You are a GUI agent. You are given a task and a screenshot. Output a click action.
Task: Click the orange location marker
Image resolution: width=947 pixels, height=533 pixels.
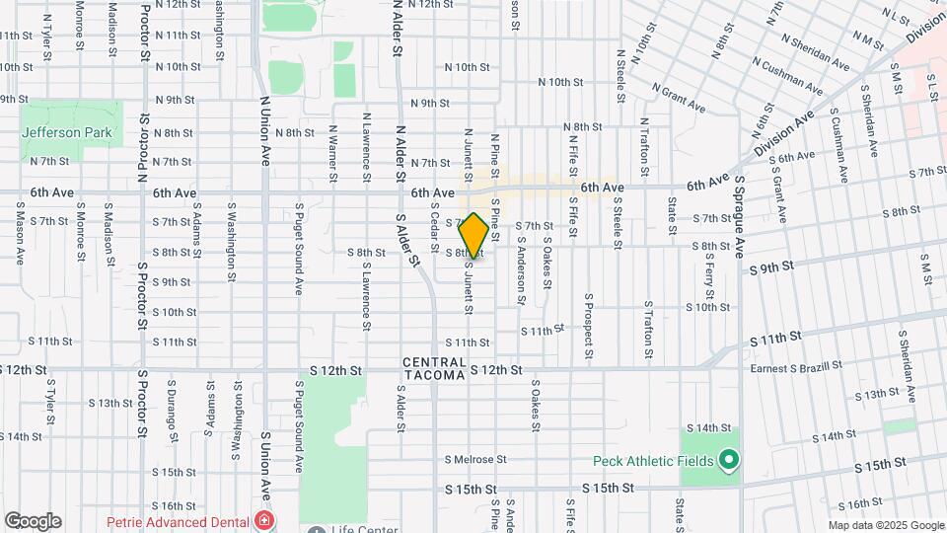click(x=473, y=235)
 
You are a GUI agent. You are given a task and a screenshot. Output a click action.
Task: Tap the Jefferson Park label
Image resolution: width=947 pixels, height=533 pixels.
click(x=68, y=131)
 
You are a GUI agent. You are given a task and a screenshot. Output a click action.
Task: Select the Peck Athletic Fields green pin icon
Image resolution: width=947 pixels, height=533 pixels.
click(x=729, y=460)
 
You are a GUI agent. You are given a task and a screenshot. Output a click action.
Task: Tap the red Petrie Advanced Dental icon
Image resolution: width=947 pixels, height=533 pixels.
click(x=263, y=519)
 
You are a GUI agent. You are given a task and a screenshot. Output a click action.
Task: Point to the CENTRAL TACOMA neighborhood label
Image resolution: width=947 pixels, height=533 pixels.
click(x=433, y=369)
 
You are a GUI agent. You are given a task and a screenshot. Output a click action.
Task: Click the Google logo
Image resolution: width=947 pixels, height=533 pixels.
click(x=33, y=520)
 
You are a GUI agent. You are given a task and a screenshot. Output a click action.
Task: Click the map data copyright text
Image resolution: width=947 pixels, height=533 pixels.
click(x=885, y=526)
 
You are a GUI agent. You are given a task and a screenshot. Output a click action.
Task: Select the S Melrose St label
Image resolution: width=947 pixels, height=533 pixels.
click(x=474, y=459)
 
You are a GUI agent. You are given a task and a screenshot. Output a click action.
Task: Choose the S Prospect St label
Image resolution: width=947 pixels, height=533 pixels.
click(x=589, y=325)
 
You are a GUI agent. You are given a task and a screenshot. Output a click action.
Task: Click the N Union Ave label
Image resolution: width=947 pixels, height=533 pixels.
click(x=264, y=128)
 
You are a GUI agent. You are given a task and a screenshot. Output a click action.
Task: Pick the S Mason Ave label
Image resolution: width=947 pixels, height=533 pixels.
click(x=20, y=235)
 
